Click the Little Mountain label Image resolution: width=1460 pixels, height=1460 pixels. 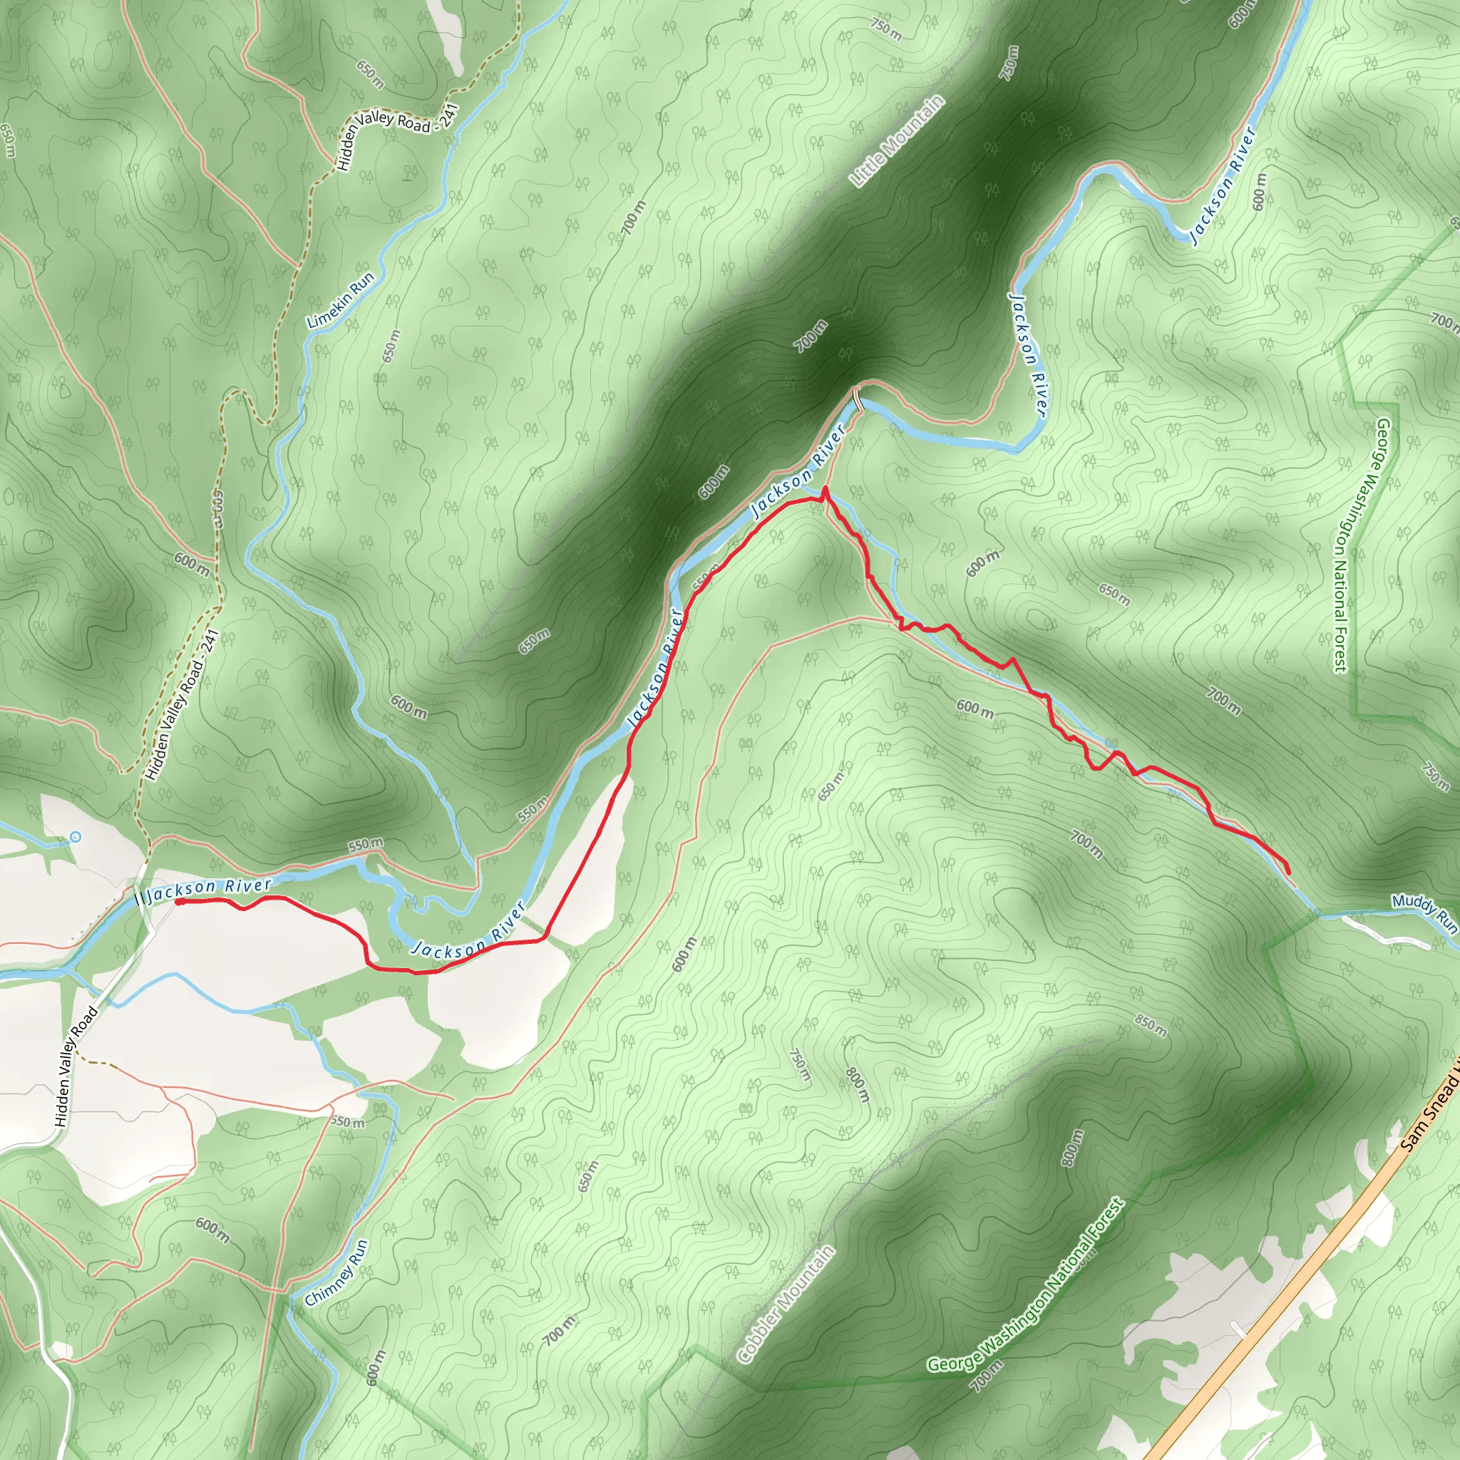coord(897,141)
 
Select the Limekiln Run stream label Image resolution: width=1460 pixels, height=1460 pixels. coord(341,301)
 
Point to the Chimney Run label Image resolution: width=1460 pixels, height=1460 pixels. coord(336,1273)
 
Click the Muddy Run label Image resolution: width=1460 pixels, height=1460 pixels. coord(1424,911)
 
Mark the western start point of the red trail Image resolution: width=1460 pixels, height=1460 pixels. coord(180,902)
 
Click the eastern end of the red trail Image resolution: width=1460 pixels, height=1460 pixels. coord(1287,873)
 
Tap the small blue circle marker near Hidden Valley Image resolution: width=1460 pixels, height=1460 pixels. coord(76,836)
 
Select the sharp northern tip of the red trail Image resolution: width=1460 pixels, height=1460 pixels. coord(825,489)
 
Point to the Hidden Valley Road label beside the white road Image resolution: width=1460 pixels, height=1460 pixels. coord(76,1066)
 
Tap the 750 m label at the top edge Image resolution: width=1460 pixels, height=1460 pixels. coord(885,29)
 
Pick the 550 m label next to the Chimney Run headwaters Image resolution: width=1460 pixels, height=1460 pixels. coord(348,1121)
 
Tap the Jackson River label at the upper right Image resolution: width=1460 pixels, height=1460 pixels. coord(1223,186)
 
